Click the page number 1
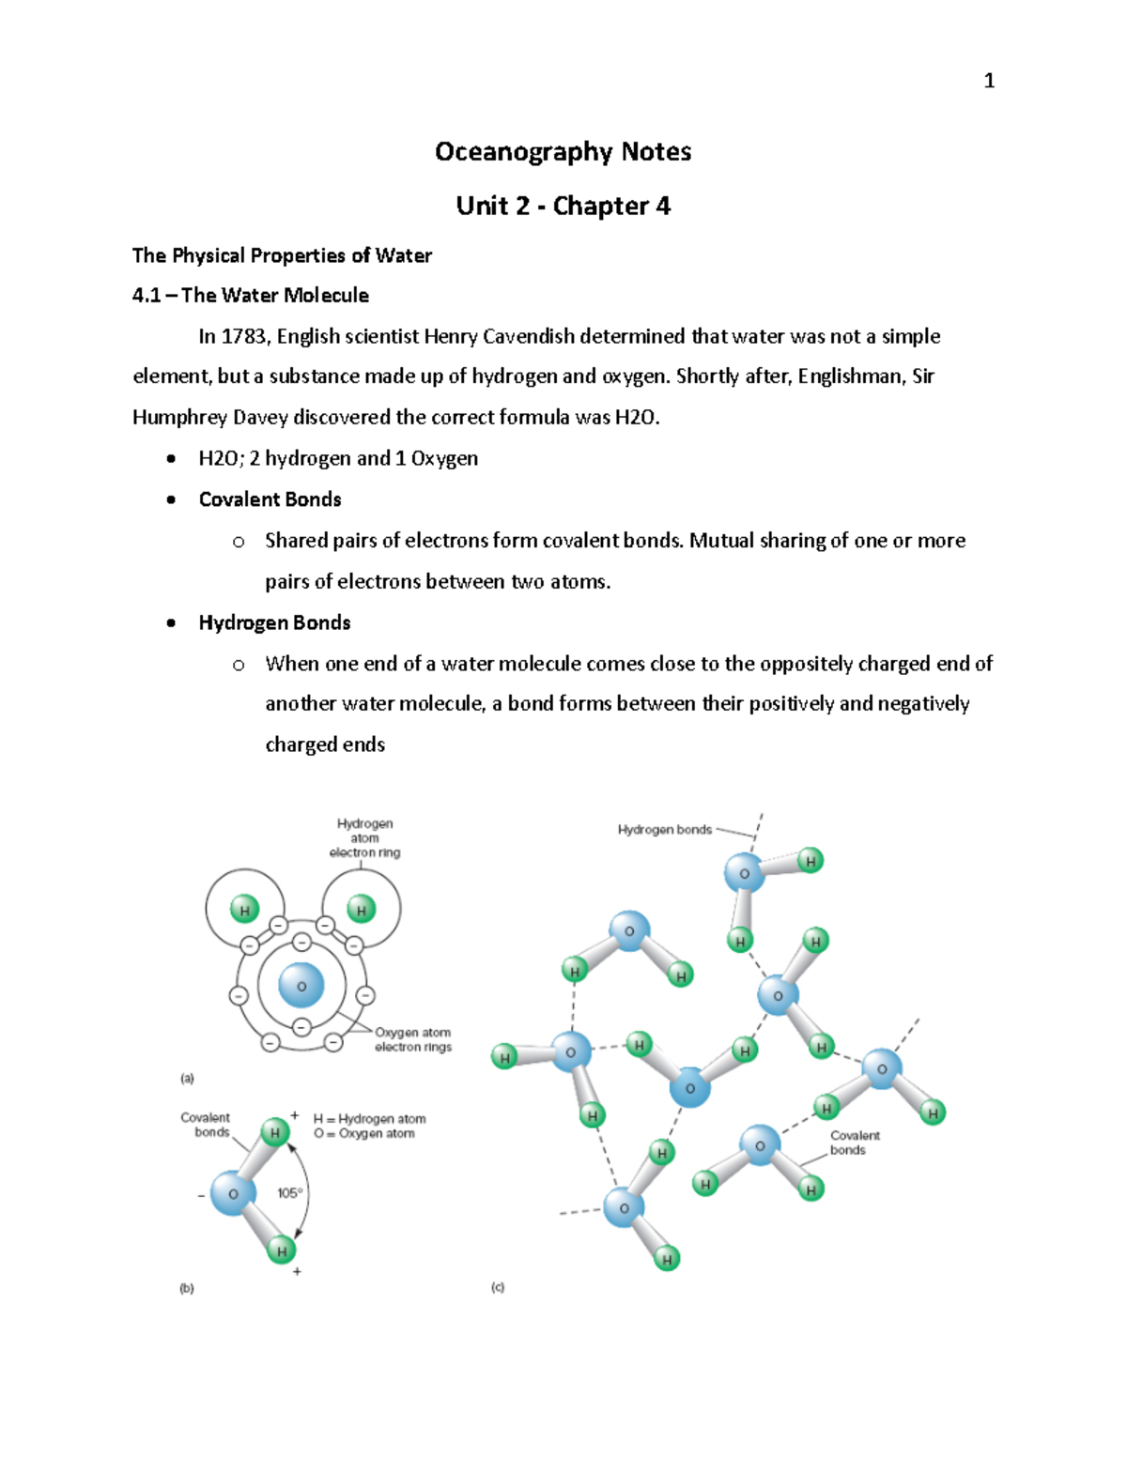988,81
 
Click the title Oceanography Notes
563,152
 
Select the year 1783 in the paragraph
243,336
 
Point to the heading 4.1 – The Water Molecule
250,296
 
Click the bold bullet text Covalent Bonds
270,499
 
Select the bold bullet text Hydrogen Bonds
274,622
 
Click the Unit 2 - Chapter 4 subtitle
563,206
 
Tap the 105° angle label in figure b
289,1193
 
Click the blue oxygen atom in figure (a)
301,987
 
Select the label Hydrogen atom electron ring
364,837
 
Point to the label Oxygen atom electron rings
413,1039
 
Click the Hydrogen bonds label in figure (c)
664,830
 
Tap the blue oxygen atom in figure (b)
232,1194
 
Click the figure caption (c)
498,1287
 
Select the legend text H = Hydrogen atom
369,1118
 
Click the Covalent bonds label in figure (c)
854,1143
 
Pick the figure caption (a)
187,1079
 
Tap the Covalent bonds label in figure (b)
206,1125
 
